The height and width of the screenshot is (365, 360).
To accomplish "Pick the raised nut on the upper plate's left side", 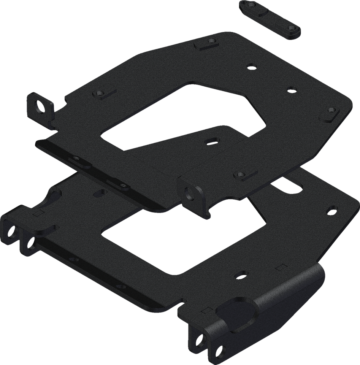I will pos(98,92).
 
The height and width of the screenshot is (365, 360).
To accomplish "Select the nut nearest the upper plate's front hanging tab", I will pos(240,174).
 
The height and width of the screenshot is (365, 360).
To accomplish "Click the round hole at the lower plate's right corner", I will pos(332,209).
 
